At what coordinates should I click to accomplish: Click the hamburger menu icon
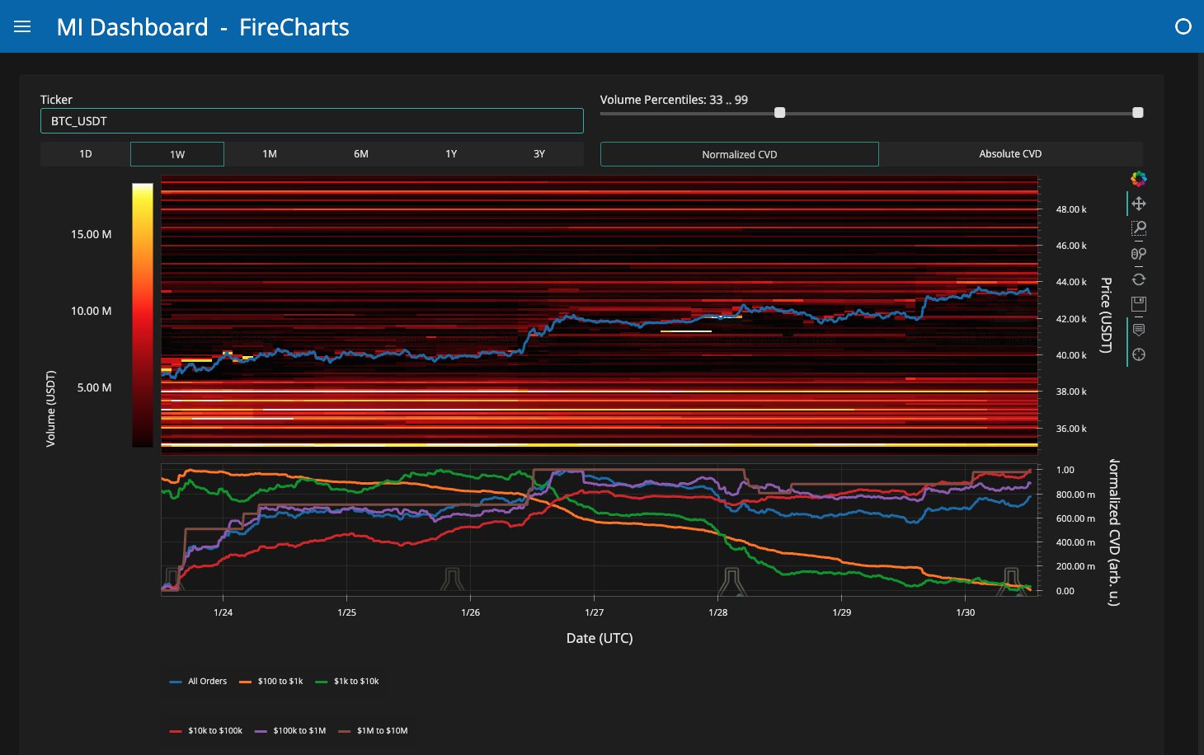tap(22, 27)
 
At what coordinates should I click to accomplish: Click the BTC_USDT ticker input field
tap(312, 121)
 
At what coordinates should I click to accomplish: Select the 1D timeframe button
tap(86, 154)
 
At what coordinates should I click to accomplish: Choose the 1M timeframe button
tap(270, 154)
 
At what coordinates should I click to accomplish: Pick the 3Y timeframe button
tap(539, 154)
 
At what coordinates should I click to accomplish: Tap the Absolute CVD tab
tap(1010, 154)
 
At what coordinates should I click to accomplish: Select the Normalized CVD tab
tap(740, 154)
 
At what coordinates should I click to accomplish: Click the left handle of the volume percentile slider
tap(779, 113)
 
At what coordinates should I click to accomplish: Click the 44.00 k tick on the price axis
tap(1070, 282)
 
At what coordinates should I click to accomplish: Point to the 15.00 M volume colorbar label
tap(92, 234)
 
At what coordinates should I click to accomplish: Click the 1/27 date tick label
tap(594, 612)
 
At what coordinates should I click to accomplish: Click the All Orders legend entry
tap(199, 682)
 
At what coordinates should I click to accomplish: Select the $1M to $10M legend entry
tap(373, 731)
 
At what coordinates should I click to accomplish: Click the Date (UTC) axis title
tap(600, 639)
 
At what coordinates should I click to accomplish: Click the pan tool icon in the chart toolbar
tap(1138, 204)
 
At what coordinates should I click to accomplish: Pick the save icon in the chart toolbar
tap(1138, 304)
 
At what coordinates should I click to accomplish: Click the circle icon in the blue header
tap(1183, 26)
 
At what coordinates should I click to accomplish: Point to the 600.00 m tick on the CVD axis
tap(1075, 518)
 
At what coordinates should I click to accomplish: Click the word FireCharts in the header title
tap(294, 27)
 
